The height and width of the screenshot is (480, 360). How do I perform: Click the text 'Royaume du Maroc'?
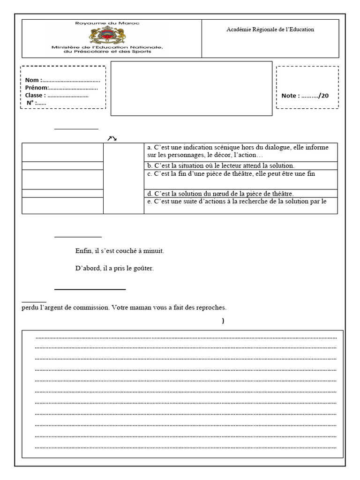107,23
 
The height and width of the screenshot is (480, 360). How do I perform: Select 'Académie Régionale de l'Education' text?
270,30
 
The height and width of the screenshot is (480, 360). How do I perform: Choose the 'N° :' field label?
31,103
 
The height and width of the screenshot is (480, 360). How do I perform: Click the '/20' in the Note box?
323,96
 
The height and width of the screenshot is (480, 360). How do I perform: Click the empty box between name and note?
191,88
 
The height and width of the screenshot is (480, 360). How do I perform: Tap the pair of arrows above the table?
111,138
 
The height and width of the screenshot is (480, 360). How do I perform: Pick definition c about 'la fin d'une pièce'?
231,173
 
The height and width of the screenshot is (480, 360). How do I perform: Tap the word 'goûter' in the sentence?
144,269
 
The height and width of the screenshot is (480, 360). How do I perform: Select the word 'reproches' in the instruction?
212,308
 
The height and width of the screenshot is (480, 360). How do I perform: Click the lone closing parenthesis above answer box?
223,321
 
